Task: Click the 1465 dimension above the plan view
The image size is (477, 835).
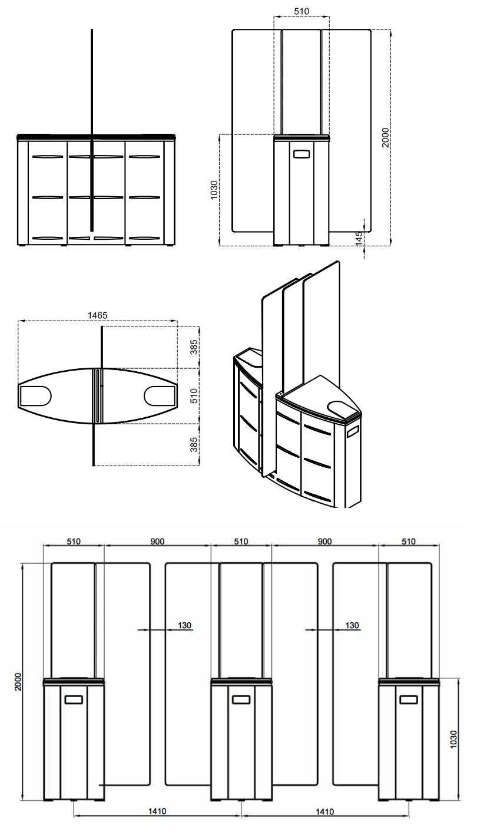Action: (98, 315)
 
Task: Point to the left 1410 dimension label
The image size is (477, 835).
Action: (157, 811)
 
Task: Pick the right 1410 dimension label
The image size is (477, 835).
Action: (324, 811)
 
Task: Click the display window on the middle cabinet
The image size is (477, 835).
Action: (241, 699)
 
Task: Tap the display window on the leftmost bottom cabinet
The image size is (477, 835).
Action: (74, 699)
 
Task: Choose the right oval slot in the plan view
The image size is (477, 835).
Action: (159, 395)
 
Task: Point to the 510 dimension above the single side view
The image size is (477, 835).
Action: (301, 11)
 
